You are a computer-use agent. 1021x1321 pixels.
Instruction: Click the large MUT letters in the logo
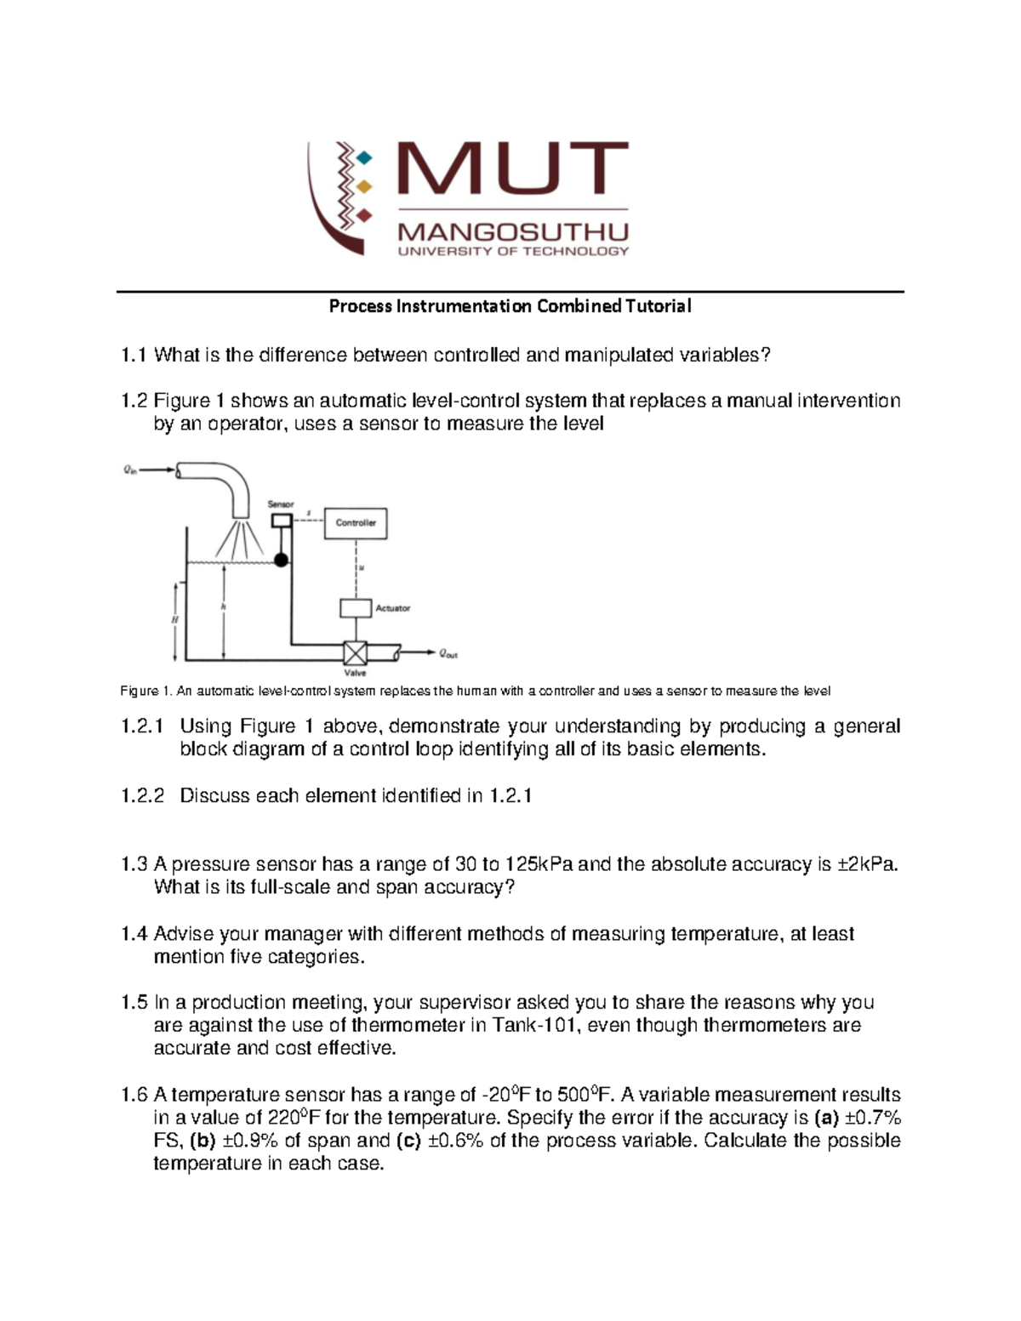tap(513, 169)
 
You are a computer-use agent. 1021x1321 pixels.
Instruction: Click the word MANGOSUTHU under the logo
tap(513, 231)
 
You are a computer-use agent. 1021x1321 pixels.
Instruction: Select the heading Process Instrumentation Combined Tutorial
tap(510, 306)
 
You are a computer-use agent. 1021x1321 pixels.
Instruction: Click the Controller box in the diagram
tap(356, 523)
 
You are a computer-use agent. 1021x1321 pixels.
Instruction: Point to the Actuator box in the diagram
tap(356, 608)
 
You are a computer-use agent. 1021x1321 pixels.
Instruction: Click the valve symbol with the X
tap(355, 653)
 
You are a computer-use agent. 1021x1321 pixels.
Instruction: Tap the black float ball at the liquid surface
tap(280, 559)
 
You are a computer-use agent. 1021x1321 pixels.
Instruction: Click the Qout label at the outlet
tap(448, 654)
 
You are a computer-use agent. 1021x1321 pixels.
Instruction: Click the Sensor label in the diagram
tap(281, 504)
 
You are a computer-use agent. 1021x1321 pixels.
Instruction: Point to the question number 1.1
tap(134, 356)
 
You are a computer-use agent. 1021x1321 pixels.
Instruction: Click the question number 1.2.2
tap(142, 796)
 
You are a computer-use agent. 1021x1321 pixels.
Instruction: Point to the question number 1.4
tap(134, 934)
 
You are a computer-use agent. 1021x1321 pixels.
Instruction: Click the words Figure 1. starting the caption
tap(146, 691)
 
